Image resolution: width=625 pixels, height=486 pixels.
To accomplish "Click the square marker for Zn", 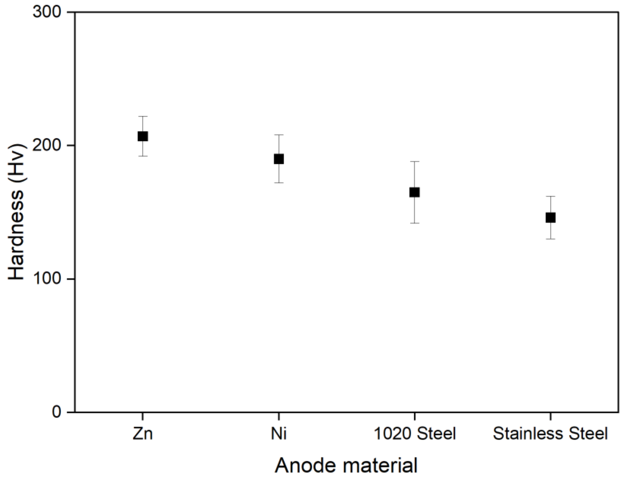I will [143, 136].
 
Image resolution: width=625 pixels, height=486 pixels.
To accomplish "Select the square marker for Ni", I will [279, 159].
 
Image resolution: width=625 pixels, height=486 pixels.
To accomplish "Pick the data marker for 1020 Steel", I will [415, 192].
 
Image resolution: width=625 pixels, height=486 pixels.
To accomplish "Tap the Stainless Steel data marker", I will [551, 218].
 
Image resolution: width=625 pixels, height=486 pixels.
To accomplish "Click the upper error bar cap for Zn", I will [143, 117].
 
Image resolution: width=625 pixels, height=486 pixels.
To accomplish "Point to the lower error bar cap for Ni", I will [279, 183].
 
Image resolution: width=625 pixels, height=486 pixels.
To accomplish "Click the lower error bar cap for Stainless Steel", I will [551, 239].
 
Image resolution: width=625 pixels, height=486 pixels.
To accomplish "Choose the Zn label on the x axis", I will [143, 434].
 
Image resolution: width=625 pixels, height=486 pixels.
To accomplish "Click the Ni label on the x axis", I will [279, 434].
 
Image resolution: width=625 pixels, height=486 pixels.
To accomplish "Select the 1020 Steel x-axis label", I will [415, 434].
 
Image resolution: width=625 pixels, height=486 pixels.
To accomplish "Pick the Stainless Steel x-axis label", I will [550, 434].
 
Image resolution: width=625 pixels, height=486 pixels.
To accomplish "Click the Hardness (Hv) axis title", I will [16, 212].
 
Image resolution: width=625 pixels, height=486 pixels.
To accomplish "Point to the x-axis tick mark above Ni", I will [279, 416].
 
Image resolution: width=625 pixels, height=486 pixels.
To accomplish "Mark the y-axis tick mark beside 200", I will [71, 146].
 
